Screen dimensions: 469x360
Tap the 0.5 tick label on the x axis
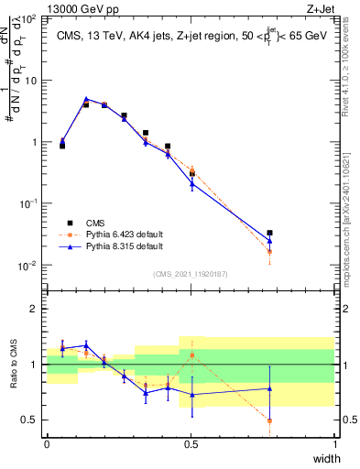191,444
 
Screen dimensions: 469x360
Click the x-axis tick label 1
335,444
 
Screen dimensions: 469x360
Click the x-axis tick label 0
47,444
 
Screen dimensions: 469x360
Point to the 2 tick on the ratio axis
35,309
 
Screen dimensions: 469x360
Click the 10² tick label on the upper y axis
30,18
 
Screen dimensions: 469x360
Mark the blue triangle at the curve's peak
86,99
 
